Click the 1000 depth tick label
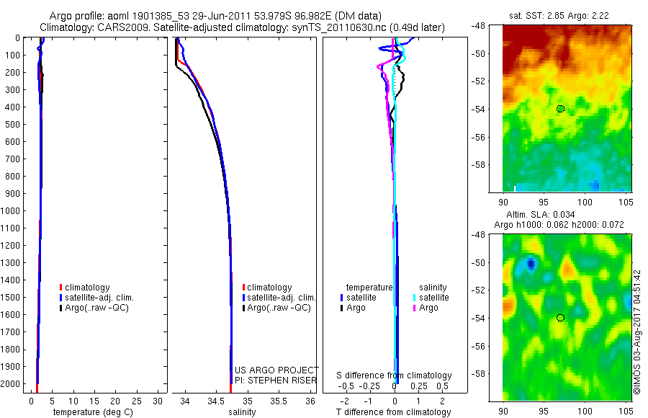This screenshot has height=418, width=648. [x=12, y=211]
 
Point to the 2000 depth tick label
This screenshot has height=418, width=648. [x=12, y=385]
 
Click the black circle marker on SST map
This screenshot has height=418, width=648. [x=560, y=109]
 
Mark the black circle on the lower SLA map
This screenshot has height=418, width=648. [x=560, y=318]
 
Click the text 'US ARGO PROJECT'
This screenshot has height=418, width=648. [x=276, y=370]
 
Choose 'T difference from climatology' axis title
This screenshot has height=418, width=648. [x=393, y=412]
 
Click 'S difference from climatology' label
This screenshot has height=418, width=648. [x=395, y=375]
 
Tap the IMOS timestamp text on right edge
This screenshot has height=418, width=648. [x=636, y=332]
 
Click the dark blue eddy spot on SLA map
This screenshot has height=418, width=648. [x=531, y=264]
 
